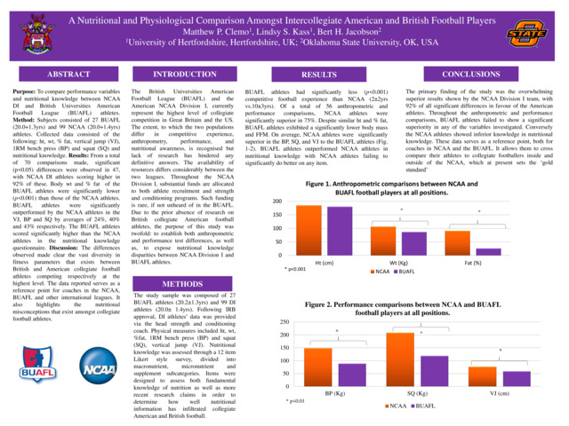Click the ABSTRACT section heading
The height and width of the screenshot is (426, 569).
[63, 75]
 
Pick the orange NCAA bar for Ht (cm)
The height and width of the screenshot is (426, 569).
[308, 218]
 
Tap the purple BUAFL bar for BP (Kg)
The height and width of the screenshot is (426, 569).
[351, 375]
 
